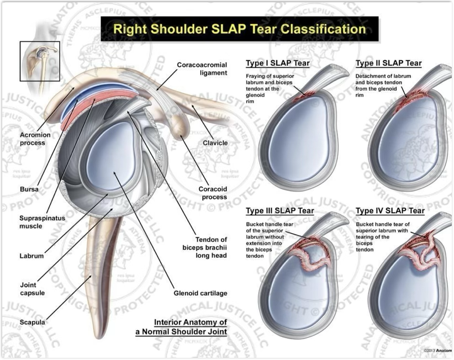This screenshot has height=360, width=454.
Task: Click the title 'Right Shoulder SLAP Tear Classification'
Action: [239, 29]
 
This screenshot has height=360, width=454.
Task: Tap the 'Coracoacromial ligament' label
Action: [194, 68]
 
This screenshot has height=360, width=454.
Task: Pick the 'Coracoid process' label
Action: [213, 193]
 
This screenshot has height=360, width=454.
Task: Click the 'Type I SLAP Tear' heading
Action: [279, 63]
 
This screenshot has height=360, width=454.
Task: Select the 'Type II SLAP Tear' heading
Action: [388, 63]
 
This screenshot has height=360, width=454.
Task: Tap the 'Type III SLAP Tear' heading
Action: [280, 211]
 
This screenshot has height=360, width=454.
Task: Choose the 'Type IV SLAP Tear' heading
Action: [390, 211]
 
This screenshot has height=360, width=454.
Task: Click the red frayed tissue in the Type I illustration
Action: [302, 97]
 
